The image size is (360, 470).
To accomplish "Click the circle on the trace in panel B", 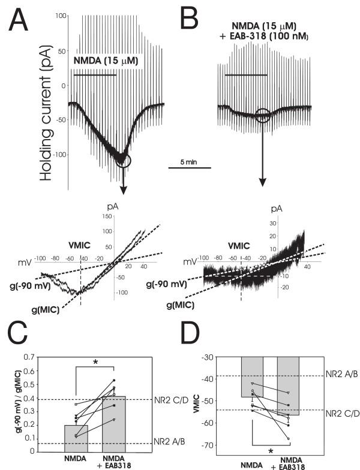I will pos(262,115).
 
